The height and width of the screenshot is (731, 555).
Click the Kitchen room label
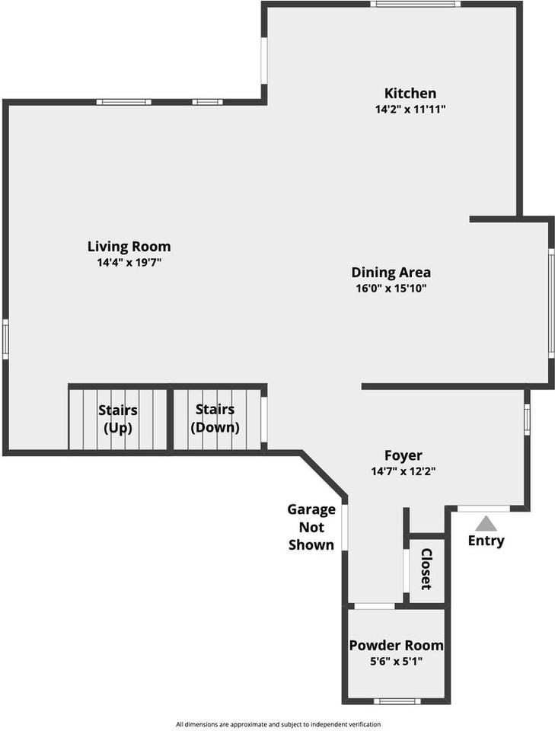coord(410,93)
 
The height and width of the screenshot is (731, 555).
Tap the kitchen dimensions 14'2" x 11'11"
coord(410,109)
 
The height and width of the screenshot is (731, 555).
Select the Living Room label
coord(129,246)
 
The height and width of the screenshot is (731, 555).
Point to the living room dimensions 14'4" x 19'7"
coord(129,262)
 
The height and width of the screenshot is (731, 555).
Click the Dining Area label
coord(391,272)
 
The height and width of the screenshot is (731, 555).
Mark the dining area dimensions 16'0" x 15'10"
coord(391,289)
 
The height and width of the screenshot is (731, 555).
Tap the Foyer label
coord(403,455)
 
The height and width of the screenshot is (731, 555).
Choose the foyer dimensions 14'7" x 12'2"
coord(403,471)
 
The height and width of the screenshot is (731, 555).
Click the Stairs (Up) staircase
coord(118,419)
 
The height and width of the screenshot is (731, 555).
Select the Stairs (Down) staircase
coord(215,419)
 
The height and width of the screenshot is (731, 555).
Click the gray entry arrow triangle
coord(486,524)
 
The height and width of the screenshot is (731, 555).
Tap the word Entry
coord(486,541)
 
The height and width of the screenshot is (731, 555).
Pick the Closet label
coord(426,569)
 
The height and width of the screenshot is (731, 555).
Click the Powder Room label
coord(396,645)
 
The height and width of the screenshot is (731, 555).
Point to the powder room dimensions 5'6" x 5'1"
coord(396,661)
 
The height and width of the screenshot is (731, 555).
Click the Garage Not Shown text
coord(311,527)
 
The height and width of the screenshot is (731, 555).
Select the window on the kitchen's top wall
coord(416,4)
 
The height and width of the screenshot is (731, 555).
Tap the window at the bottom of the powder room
coord(397,701)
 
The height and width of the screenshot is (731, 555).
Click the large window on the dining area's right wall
coord(551,302)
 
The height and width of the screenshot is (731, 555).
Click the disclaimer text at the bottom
coord(278,724)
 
